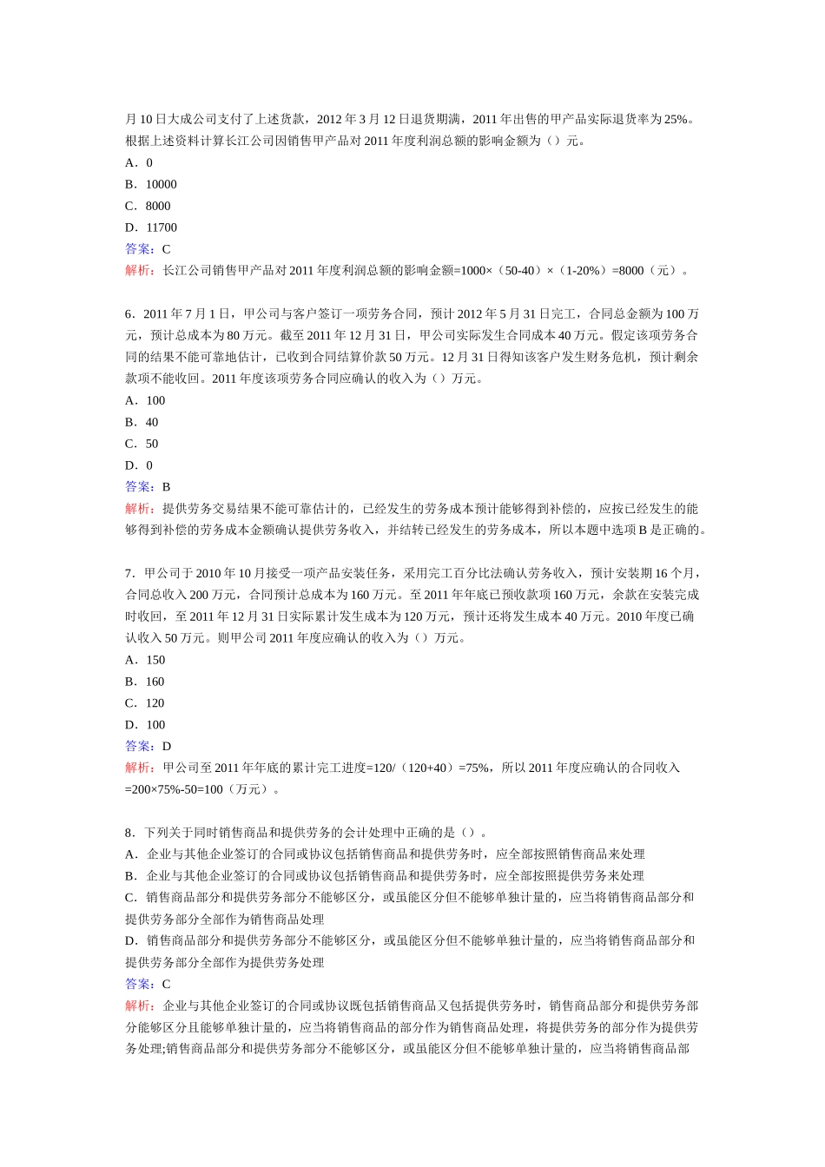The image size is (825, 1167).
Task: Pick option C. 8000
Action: (148, 206)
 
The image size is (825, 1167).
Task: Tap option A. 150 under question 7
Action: (145, 660)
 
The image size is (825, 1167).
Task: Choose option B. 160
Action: (145, 682)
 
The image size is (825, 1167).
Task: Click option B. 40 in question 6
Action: (142, 422)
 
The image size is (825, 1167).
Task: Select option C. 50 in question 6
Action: (142, 444)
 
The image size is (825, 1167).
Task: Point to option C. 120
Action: (145, 703)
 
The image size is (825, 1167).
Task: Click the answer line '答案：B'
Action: (148, 487)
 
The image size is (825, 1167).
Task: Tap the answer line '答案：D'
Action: (148, 746)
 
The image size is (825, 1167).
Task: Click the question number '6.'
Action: (130, 313)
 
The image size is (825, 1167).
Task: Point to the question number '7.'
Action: (130, 573)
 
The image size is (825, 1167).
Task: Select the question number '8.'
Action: (130, 833)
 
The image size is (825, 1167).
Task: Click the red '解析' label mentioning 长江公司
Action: (139, 270)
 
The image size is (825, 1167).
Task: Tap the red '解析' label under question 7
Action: (139, 768)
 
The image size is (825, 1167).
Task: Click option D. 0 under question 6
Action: (139, 465)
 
